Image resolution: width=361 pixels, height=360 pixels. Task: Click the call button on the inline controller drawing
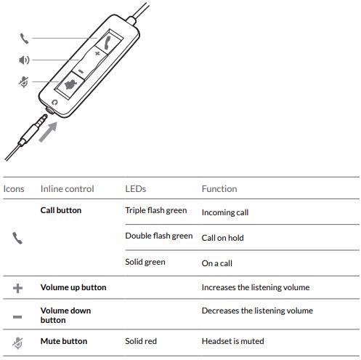(x=108, y=42)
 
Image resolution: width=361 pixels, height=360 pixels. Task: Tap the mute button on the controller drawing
(x=70, y=85)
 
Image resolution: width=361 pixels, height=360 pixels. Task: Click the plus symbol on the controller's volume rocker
(x=97, y=53)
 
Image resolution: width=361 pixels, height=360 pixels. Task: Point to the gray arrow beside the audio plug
(x=48, y=132)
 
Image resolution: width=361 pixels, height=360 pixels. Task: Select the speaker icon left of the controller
(x=24, y=60)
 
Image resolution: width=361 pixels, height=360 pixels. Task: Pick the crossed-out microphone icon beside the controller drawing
(x=24, y=81)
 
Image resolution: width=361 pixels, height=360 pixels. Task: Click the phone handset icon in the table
(x=17, y=238)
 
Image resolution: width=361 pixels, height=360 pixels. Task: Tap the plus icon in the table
(x=17, y=288)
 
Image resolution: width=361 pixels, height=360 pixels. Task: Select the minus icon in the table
(x=17, y=317)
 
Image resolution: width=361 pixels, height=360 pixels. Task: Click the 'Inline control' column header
(x=67, y=188)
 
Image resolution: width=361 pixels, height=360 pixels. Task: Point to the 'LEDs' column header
(x=136, y=188)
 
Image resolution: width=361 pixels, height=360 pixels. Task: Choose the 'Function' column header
(x=219, y=188)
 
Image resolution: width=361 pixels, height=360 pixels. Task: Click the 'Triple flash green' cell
(x=156, y=210)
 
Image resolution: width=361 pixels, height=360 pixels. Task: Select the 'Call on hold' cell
(x=223, y=238)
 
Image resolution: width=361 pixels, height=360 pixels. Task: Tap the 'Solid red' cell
(x=141, y=341)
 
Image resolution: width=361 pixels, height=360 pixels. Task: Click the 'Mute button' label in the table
(x=64, y=341)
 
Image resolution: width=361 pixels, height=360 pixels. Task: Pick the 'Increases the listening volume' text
(x=256, y=287)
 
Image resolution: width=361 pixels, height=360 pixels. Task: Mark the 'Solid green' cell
(x=145, y=262)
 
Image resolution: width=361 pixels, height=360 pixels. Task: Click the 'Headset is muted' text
(x=233, y=341)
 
